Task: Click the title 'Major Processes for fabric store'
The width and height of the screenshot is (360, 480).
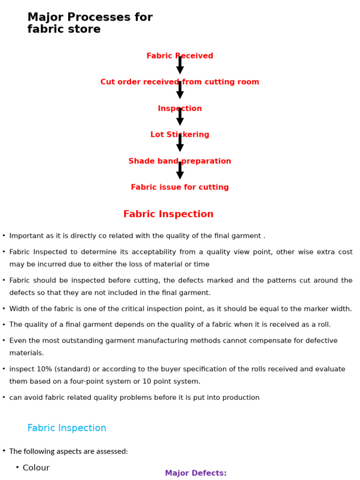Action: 90,23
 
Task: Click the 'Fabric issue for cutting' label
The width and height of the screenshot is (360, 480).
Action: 180,187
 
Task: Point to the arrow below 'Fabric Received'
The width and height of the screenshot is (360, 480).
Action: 180,66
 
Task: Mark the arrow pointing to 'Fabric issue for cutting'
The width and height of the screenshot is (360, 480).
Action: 180,171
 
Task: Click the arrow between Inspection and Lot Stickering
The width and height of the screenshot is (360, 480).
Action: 180,118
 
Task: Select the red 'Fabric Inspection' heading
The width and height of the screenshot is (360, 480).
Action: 168,214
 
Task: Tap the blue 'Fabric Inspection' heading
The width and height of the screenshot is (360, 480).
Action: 67,428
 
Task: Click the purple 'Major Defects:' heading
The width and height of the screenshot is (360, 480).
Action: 195,473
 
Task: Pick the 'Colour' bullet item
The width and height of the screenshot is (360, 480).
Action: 36,468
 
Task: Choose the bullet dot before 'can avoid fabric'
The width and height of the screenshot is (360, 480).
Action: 4,397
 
